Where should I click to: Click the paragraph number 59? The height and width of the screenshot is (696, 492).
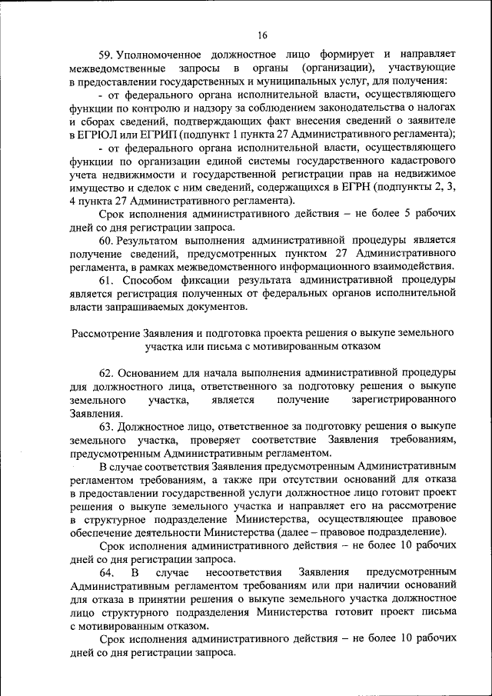tap(107, 55)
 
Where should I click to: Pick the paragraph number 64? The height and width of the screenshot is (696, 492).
tap(107, 573)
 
